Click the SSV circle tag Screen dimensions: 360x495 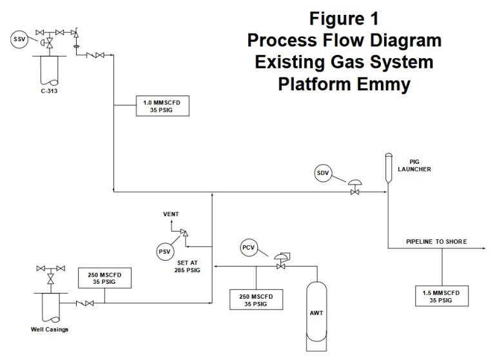(19, 40)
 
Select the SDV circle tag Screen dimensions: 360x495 (324, 173)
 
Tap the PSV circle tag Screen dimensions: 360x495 (166, 251)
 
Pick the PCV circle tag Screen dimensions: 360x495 (249, 248)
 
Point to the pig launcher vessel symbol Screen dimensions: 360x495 (389, 170)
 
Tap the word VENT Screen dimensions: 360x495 (171, 214)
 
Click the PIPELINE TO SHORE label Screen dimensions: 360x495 (436, 242)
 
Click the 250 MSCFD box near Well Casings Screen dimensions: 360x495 (104, 279)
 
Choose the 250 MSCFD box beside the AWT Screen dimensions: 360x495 (256, 299)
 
